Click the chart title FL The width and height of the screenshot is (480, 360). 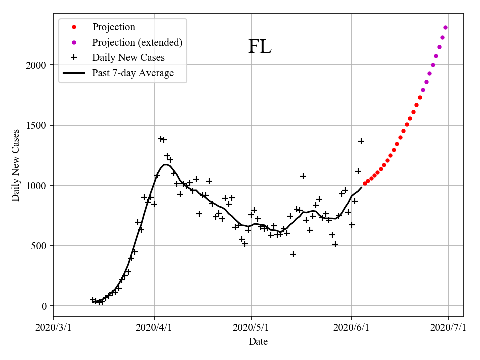(260, 47)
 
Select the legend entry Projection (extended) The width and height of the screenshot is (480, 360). (137, 42)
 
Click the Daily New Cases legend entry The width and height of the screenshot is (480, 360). (128, 58)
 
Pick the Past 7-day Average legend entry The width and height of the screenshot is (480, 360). (133, 73)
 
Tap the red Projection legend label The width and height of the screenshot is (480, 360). (114, 27)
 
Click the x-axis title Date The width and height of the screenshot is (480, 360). (258, 342)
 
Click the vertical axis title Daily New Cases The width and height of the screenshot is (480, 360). (16, 165)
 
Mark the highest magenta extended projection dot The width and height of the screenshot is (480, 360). (445, 27)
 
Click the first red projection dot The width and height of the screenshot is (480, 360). (365, 183)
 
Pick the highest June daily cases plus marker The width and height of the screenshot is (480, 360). (361, 141)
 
